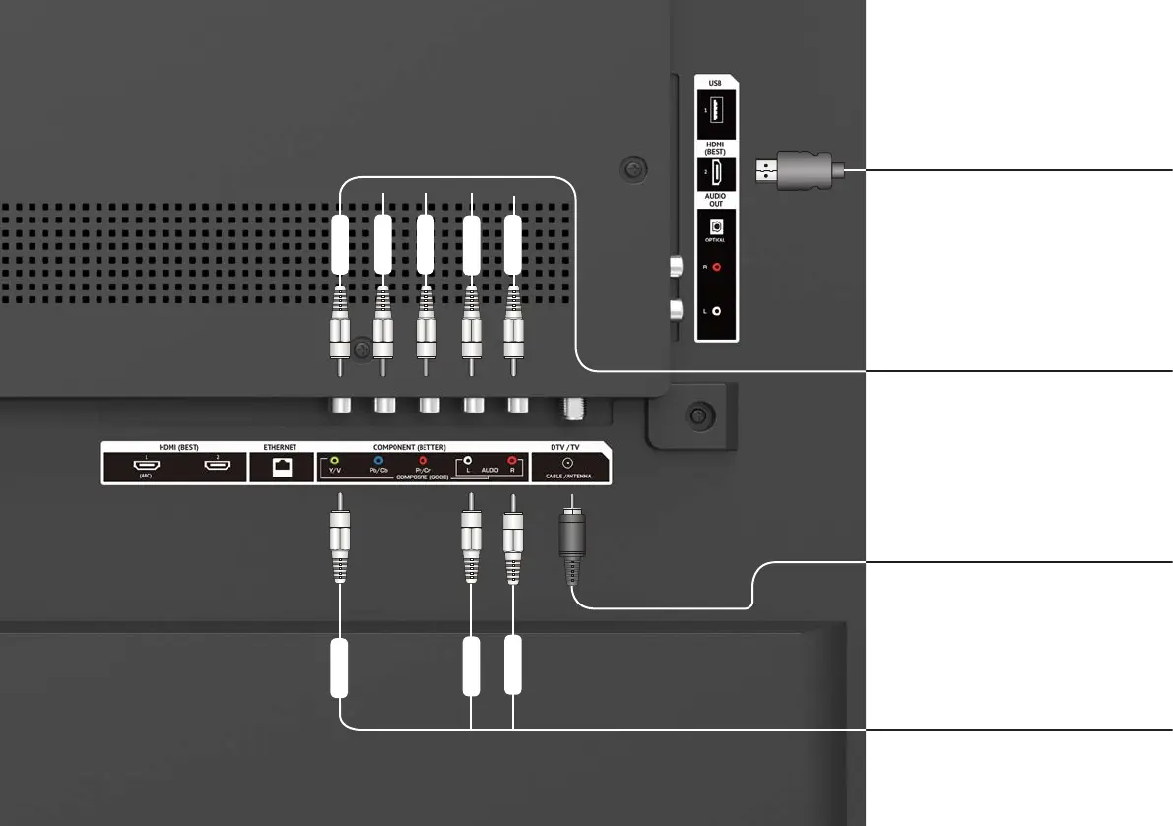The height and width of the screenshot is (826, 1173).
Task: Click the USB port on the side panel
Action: [715, 113]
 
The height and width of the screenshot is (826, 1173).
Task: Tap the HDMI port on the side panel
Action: [715, 173]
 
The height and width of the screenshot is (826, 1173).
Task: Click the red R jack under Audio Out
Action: [716, 266]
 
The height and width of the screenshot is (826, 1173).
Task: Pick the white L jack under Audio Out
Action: [716, 311]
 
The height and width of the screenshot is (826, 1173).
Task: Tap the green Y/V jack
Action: [336, 459]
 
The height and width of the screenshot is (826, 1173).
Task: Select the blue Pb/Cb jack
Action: [378, 459]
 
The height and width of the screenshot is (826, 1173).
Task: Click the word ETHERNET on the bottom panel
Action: [281, 447]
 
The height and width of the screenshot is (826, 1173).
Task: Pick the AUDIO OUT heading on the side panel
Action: [715, 200]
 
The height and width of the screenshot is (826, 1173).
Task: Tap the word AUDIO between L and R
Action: [490, 471]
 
